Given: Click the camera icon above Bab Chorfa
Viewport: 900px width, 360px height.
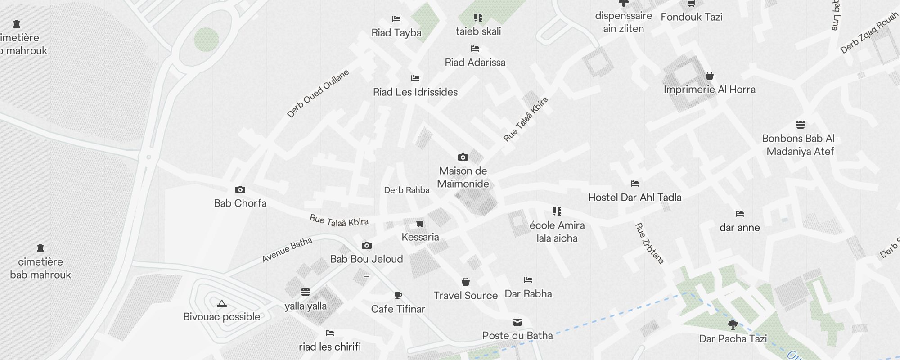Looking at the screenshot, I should tap(240, 190).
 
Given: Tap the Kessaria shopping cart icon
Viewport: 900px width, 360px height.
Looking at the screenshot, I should tap(420, 223).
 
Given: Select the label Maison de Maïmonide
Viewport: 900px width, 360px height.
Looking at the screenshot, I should tap(463, 177).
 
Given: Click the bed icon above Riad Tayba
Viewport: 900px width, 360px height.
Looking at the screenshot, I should tap(396, 19).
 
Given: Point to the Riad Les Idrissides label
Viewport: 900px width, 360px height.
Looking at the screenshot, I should tap(415, 92).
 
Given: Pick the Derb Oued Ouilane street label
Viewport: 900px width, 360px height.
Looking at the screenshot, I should tap(318, 94).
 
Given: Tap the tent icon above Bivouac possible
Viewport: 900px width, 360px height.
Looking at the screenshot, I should tap(221, 304).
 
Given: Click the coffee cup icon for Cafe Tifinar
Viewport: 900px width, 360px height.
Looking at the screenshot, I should tap(398, 296).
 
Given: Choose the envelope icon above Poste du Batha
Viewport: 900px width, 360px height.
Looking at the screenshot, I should tap(517, 322).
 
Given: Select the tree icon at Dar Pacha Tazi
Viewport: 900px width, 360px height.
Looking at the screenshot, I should tap(733, 324).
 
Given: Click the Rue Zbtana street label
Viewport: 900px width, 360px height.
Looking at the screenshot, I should tap(649, 243).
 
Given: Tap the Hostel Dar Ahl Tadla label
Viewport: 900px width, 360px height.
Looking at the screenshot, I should tap(635, 197).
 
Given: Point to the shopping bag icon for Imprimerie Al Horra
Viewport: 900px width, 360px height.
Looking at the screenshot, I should tap(710, 76).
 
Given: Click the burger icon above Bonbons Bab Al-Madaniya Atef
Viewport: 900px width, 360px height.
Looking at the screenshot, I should tap(801, 125).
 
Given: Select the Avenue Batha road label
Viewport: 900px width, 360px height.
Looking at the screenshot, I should tap(287, 250).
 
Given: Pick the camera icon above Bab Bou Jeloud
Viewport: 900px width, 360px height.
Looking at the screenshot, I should tap(367, 246).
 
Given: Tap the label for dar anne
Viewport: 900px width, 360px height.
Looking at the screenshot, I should tap(740, 228).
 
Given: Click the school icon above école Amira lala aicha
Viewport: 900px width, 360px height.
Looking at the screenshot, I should tap(557, 211).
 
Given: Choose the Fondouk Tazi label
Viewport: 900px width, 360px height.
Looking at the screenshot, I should tap(692, 17).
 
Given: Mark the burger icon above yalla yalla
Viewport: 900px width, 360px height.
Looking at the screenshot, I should tap(306, 292).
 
